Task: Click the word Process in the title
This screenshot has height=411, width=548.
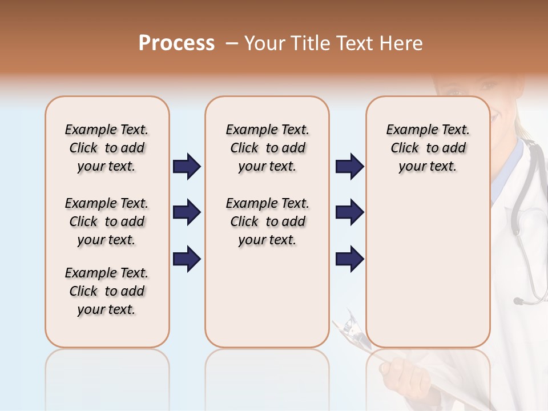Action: (x=176, y=43)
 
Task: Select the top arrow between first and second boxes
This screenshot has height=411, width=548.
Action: (x=187, y=166)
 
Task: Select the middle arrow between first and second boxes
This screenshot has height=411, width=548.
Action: (x=187, y=212)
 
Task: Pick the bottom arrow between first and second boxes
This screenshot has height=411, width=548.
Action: (x=187, y=259)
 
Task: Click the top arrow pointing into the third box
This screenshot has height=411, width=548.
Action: (x=349, y=166)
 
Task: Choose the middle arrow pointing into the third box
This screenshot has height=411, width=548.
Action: (x=349, y=212)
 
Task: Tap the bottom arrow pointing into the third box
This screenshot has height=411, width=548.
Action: (x=349, y=259)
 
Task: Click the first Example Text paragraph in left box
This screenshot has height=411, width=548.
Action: (x=107, y=148)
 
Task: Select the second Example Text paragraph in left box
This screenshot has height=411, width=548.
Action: (x=107, y=221)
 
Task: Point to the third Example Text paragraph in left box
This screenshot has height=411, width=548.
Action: (x=107, y=291)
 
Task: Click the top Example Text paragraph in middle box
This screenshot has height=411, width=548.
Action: (x=267, y=148)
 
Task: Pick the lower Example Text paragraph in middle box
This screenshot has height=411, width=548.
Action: (x=267, y=221)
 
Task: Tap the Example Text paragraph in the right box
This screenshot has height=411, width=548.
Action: (x=428, y=148)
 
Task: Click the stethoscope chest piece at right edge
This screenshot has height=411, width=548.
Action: (x=519, y=300)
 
